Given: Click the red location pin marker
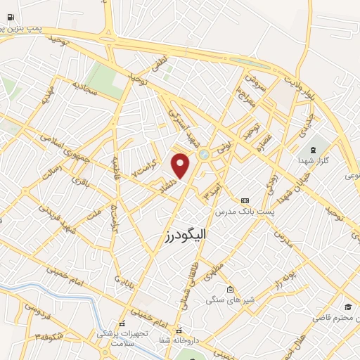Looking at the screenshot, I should click(181, 166).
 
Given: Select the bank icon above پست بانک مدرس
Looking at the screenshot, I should click(245, 200).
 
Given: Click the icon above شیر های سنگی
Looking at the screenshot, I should click(229, 289).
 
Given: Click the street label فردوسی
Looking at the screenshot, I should click(36, 307).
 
